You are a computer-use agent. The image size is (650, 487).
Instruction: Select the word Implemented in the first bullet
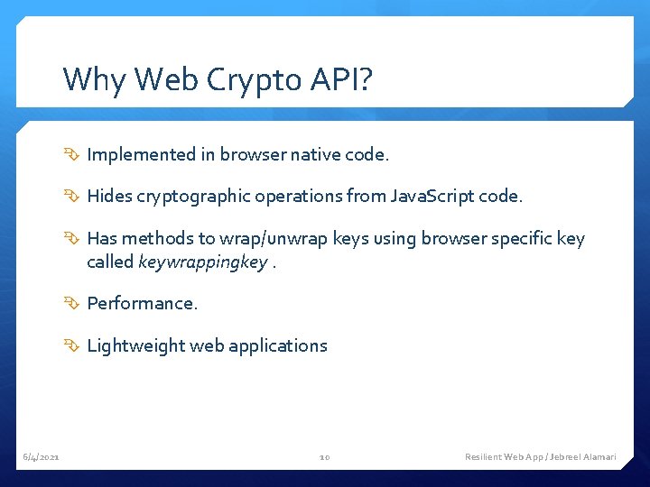click(x=141, y=155)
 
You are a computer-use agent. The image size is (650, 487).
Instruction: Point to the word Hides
click(x=108, y=196)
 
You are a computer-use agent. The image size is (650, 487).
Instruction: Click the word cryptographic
click(x=192, y=197)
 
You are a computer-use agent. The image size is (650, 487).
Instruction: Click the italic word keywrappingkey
click(x=202, y=262)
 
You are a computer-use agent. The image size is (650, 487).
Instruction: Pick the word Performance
click(x=142, y=303)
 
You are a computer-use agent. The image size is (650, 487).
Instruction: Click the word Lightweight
click(x=135, y=345)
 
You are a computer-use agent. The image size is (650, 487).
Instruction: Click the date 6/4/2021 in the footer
click(x=42, y=457)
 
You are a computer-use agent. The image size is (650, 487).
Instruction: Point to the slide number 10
click(x=325, y=457)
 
